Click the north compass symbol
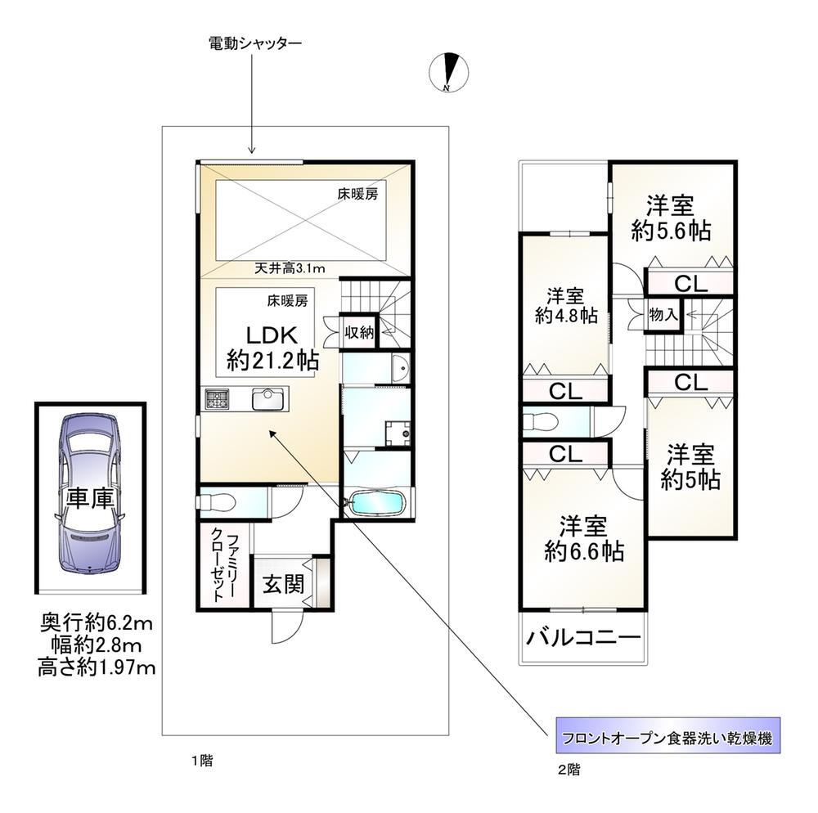448,72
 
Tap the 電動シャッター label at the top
255,43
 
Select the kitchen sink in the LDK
268,400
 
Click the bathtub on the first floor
376,504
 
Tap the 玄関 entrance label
283,584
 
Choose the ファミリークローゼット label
223,565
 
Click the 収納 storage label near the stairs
359,332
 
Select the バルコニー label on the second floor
582,637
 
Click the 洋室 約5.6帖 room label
671,218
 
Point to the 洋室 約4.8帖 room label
566,306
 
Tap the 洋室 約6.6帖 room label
584,538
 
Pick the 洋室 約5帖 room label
690,467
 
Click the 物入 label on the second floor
663,314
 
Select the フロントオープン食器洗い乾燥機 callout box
668,735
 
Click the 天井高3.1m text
290,268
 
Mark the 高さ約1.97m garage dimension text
97,667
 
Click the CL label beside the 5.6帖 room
690,284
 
